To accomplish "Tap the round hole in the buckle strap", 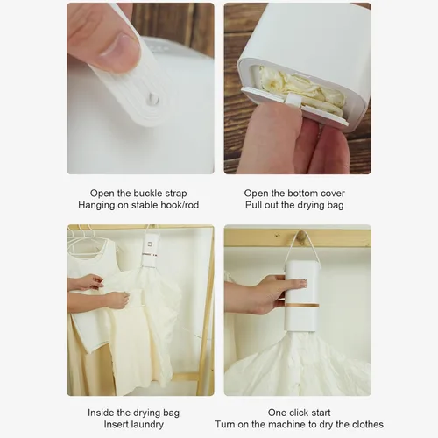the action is [152, 99].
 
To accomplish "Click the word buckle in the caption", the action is [147, 194].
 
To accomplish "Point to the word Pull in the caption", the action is [254, 205].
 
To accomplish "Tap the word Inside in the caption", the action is [101, 413].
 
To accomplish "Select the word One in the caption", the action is [276, 413].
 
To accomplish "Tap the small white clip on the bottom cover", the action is [293, 99].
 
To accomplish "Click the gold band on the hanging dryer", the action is [302, 305].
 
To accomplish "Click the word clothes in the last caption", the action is [367, 424].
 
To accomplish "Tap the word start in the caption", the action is [319, 413].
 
